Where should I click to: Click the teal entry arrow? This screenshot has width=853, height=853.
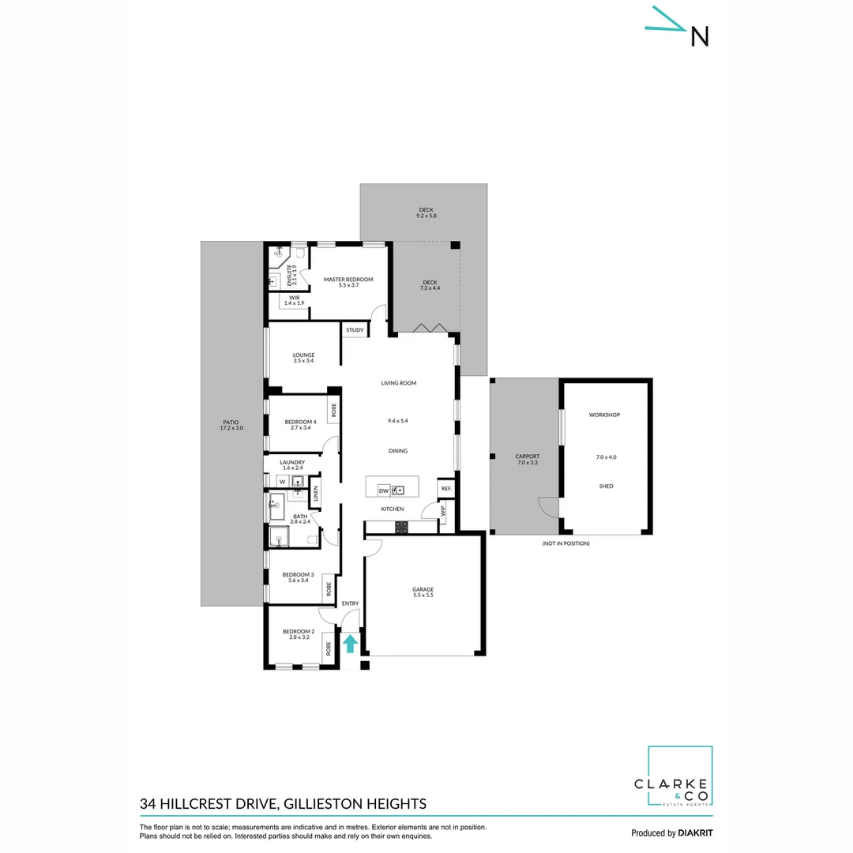[350, 644]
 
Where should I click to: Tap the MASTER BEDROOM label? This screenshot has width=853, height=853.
[348, 280]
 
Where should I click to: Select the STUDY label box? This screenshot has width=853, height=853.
[355, 330]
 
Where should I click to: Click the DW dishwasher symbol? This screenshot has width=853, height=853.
[383, 490]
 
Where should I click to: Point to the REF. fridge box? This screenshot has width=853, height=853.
[446, 489]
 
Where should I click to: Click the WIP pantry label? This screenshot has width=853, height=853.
[443, 511]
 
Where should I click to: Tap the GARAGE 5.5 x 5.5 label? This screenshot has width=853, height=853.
[423, 592]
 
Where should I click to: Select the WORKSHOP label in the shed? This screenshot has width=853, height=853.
[604, 415]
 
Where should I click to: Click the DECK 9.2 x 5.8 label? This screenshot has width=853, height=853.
[426, 212]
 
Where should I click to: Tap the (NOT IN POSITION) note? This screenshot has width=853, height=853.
[566, 543]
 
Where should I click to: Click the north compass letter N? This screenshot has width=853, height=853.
[700, 36]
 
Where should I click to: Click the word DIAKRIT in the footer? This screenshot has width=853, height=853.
[696, 832]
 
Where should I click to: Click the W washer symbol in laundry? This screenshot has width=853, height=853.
[280, 480]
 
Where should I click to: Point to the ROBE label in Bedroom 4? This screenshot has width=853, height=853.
[334, 410]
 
